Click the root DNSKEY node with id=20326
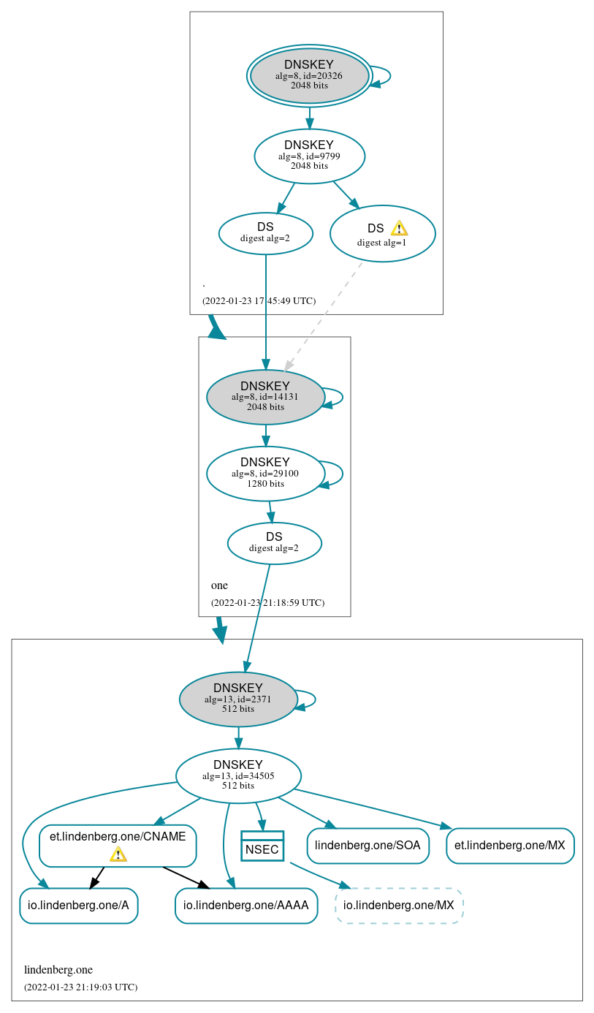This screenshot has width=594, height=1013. tap(309, 75)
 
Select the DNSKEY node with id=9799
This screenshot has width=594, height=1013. tap(309, 156)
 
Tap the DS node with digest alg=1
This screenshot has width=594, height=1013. tap(382, 234)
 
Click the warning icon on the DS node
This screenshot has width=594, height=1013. tap(399, 228)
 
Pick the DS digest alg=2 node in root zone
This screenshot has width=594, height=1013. tap(265, 233)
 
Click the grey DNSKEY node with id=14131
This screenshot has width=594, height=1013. tap(265, 397)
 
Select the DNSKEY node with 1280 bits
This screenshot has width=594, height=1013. tap(265, 473)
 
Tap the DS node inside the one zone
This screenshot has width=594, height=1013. tap(274, 543)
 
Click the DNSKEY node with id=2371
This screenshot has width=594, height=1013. tap(237, 699)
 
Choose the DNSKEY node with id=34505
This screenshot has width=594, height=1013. tap(238, 775)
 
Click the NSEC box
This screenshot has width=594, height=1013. tap(262, 846)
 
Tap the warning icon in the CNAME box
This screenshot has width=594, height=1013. tap(118, 854)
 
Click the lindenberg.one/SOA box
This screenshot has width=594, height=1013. tap(368, 846)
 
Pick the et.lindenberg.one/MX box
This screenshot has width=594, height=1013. tap(509, 846)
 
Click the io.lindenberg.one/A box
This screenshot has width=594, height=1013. tap(78, 906)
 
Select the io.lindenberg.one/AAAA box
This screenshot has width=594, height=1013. tap(245, 906)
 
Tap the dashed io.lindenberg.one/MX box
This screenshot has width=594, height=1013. tap(399, 906)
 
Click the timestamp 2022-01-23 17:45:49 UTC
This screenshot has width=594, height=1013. tap(259, 300)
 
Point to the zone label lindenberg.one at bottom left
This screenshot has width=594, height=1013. tap(58, 970)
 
